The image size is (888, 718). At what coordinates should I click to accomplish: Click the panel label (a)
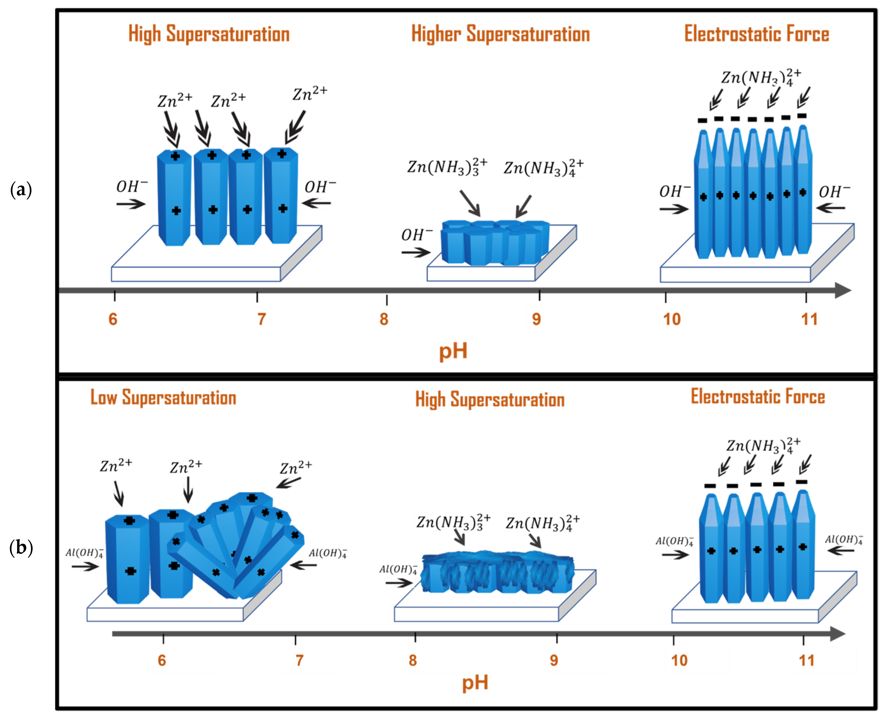pyautogui.click(x=21, y=190)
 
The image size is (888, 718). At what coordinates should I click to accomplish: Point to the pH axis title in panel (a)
pyautogui.click(x=453, y=351)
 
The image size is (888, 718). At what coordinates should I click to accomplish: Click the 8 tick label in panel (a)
pyautogui.click(x=384, y=319)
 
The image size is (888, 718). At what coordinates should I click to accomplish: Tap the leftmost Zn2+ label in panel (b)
pyautogui.click(x=116, y=466)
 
